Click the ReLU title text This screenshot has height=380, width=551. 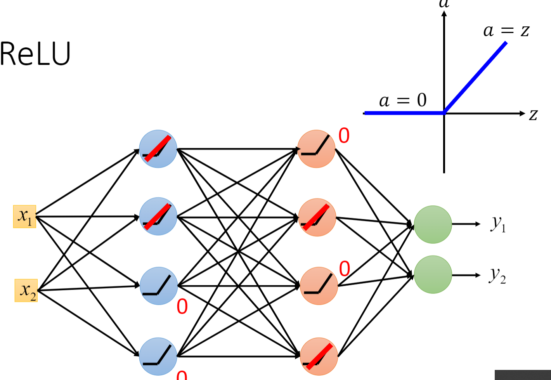coord(35,54)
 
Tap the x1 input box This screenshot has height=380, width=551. coord(24,217)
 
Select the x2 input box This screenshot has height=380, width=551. coord(26,290)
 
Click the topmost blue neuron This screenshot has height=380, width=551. coord(158,149)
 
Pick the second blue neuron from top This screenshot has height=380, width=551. coord(158,217)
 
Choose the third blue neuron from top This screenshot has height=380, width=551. coord(158,286)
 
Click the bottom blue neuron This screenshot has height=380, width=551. coord(158,356)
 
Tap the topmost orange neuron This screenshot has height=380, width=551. coord(316,149)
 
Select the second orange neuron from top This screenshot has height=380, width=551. coord(317,217)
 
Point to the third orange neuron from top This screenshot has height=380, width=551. coord(319,286)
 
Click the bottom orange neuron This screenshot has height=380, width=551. coord(319,356)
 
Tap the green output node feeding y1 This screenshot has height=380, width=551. coord(433,224)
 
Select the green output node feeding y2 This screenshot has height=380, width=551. coord(433,275)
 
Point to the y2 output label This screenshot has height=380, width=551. coord(497,276)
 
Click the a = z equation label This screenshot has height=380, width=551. coord(506,30)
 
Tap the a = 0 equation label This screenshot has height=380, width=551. coord(402,101)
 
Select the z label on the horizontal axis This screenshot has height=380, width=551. coord(534,115)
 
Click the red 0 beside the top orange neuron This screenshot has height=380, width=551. coord(344,136)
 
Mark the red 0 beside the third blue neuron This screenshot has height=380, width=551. coord(182,307)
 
